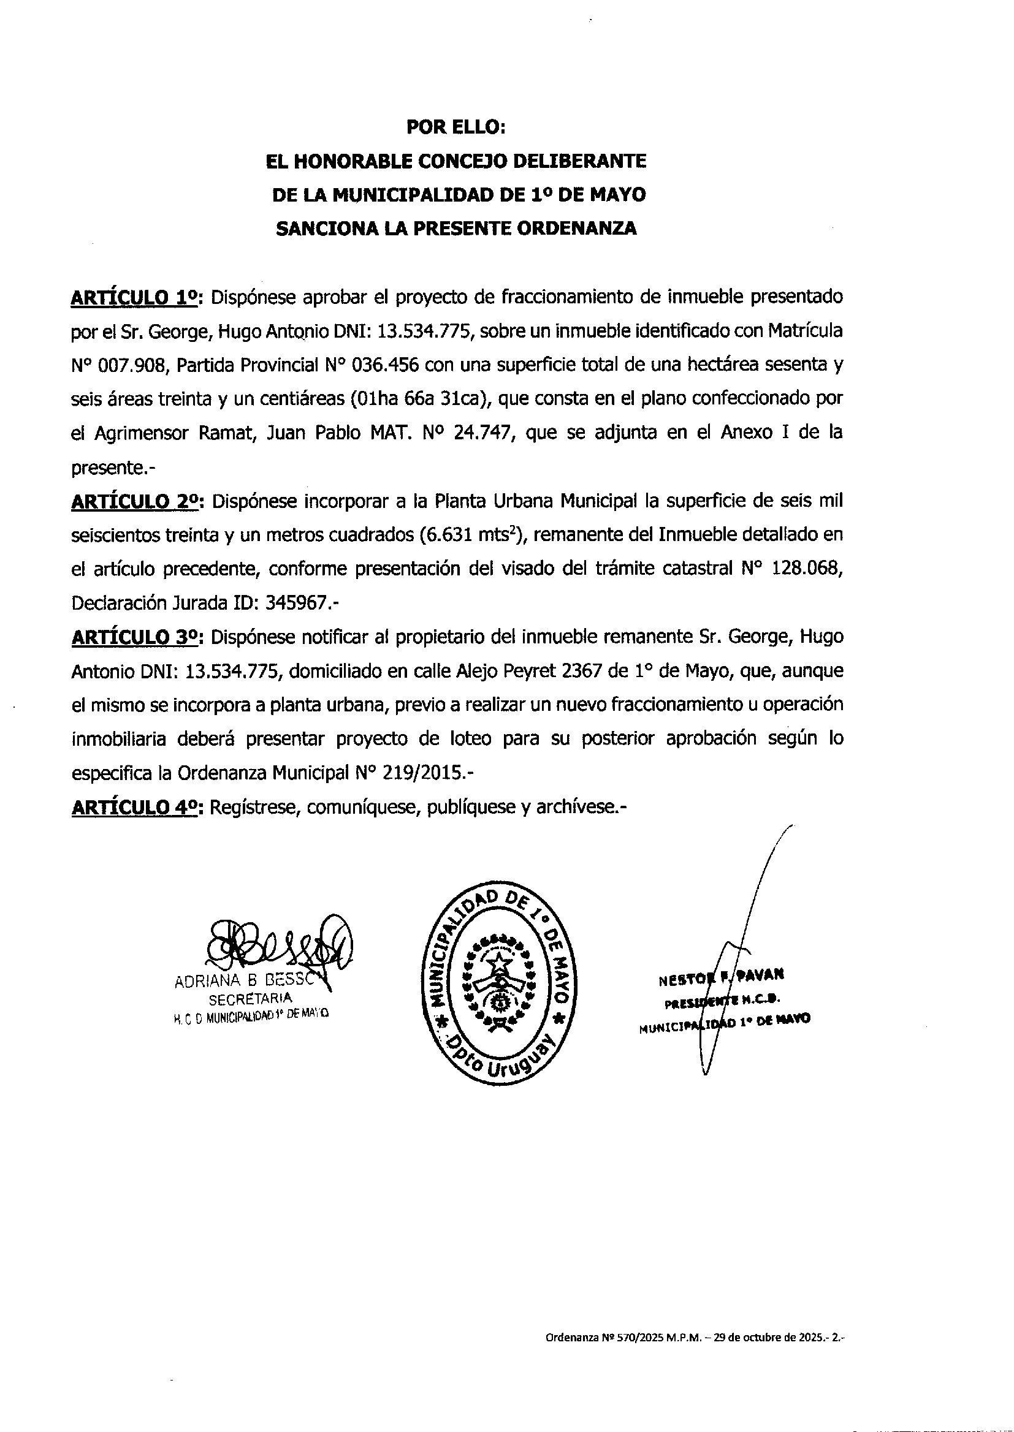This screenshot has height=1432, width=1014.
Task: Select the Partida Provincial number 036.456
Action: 386,366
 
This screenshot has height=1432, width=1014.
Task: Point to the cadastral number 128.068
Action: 809,570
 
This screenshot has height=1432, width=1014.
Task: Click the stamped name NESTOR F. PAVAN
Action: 721,978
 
